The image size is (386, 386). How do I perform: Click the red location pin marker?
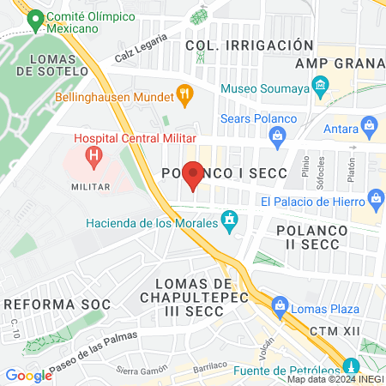coord(193,175)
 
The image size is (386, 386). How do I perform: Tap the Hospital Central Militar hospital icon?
coord(93,156)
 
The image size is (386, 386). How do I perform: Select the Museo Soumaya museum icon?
coord(320,86)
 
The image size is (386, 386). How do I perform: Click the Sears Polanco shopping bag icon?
coord(277,135)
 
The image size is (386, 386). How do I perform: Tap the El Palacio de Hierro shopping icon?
coord(375,201)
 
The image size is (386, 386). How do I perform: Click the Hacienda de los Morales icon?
coord(229,221)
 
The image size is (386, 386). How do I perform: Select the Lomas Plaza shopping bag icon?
coord(279,305)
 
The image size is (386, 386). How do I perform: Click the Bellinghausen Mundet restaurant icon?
coord(183,93)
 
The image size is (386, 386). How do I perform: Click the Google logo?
coord(28,375)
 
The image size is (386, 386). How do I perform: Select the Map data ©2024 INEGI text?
coord(335,379)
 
